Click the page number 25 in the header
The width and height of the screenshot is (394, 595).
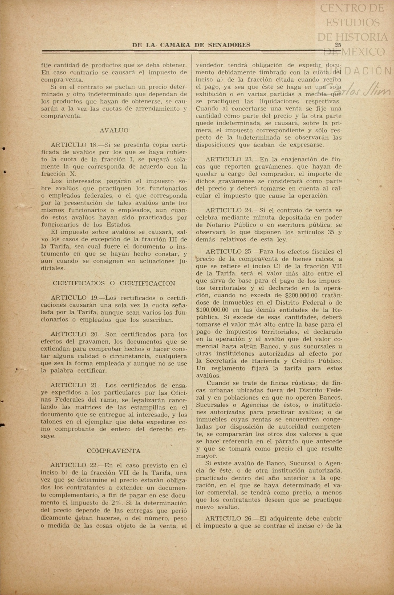tap(338, 45)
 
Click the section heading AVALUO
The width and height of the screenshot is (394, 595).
tap(114, 130)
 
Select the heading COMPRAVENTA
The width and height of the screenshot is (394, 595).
tap(113, 451)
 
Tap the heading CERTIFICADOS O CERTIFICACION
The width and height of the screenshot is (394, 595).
tap(114, 283)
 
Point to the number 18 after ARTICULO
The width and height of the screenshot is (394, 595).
tap(93, 145)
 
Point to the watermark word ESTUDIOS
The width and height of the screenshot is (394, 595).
tap(352, 23)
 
